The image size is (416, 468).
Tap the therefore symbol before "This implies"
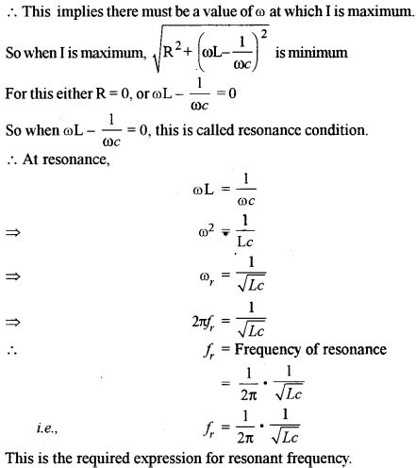8,10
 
